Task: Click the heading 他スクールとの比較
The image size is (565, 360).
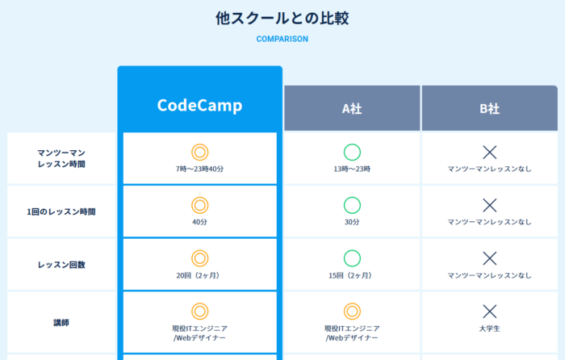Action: [282, 19]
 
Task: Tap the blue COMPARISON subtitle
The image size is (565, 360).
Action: [282, 39]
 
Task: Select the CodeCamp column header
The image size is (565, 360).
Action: [199, 106]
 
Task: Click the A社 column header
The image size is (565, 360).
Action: [352, 109]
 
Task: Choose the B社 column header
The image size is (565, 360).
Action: [489, 109]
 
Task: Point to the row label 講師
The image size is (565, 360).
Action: [61, 322]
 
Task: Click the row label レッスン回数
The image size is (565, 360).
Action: [61, 265]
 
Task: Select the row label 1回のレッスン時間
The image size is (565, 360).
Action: [61, 211]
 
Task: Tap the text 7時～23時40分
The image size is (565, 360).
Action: [199, 169]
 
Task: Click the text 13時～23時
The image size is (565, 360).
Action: [352, 169]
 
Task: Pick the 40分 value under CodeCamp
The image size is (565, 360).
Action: [199, 222]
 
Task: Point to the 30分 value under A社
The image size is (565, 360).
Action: [352, 222]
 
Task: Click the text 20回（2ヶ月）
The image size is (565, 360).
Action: [199, 275]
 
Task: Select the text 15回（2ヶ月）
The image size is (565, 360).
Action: [352, 275]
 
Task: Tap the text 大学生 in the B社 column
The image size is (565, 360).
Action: [489, 329]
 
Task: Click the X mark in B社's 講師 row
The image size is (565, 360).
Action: [489, 312]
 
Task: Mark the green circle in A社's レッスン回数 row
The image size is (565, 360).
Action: [352, 258]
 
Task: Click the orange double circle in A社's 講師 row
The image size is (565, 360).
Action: [352, 312]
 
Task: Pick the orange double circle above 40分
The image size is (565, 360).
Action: [199, 205]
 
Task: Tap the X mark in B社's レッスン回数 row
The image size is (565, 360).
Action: [489, 258]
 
